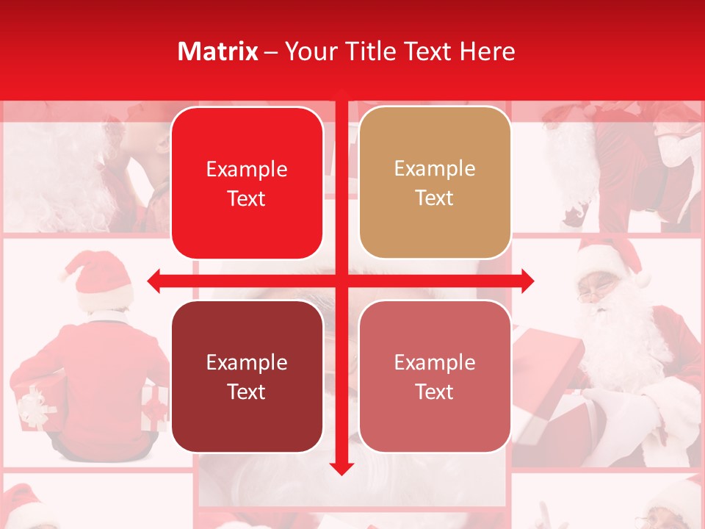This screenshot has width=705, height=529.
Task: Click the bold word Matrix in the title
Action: pyautogui.click(x=218, y=51)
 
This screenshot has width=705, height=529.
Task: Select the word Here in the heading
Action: pyautogui.click(x=488, y=51)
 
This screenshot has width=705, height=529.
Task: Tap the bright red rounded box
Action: pyautogui.click(x=247, y=184)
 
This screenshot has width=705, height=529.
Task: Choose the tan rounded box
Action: pyautogui.click(x=435, y=183)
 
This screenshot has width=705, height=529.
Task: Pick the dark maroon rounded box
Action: pyautogui.click(x=247, y=376)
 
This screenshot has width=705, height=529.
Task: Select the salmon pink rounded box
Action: pyautogui.click(x=435, y=376)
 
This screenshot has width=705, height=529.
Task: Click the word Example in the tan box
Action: pyautogui.click(x=435, y=168)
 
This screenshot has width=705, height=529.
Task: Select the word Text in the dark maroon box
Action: pyautogui.click(x=246, y=392)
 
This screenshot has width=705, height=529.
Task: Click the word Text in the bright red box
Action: pyautogui.click(x=246, y=198)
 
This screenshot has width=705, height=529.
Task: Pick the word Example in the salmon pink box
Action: pyautogui.click(x=435, y=362)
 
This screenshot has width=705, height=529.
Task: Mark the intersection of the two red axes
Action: pyautogui.click(x=341, y=280)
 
